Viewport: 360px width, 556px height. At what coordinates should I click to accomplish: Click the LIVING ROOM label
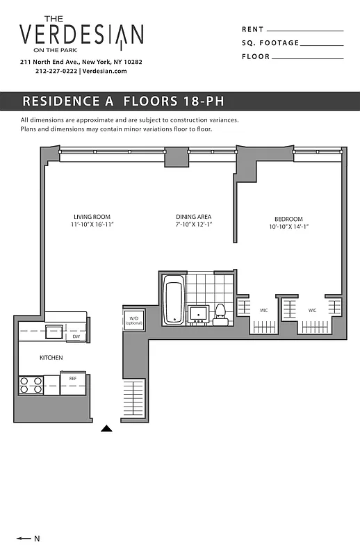point(92,217)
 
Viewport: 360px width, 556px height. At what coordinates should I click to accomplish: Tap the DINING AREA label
point(193,217)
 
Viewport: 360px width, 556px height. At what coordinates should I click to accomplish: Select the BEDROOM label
point(287,219)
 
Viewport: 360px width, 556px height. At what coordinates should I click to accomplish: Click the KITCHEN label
point(51,358)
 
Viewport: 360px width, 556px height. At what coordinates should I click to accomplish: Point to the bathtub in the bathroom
point(173,300)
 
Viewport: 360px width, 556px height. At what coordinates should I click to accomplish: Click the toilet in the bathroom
point(220,314)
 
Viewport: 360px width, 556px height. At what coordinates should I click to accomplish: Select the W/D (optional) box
point(133,320)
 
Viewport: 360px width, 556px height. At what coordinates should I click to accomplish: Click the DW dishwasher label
point(76,337)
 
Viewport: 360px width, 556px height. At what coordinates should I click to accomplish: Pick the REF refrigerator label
point(72,379)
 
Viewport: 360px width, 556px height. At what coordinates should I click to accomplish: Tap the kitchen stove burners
point(31,384)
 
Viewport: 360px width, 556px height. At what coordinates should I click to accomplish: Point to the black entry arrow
point(106,429)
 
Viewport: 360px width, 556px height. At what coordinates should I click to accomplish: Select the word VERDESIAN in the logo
point(81,35)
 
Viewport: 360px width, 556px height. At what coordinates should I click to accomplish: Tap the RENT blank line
point(304,31)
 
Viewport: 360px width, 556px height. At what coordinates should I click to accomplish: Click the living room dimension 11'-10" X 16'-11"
point(92,225)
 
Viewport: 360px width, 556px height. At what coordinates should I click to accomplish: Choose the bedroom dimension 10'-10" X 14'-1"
point(287,227)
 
